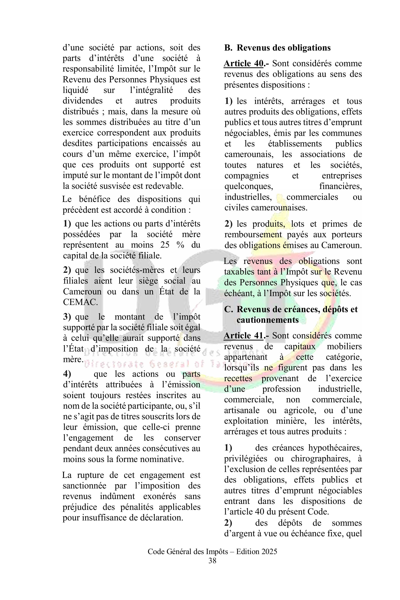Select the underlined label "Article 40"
[243, 63]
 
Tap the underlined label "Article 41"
[243, 335]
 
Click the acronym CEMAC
[80, 302]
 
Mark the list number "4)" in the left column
[67, 374]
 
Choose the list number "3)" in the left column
[67, 317]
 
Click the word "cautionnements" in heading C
[268, 320]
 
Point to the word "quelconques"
[249, 186]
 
